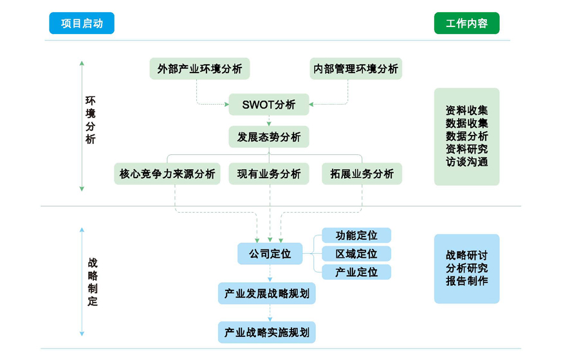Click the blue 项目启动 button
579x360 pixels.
(x=82, y=24)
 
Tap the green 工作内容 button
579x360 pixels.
(x=466, y=24)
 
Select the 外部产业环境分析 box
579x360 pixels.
(x=199, y=69)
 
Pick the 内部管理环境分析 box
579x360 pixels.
(x=356, y=69)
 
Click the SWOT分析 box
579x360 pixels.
(x=269, y=104)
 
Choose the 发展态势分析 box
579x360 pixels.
(x=269, y=137)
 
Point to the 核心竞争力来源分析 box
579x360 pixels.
(x=167, y=174)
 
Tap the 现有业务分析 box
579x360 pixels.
(x=269, y=174)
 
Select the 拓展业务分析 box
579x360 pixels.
(x=362, y=174)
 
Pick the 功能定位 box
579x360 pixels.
(x=356, y=235)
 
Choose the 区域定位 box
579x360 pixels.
(x=356, y=254)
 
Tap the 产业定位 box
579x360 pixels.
(x=356, y=273)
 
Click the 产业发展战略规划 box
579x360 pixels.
(x=267, y=294)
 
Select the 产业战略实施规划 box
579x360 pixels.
(x=267, y=332)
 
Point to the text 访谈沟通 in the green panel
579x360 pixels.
(x=466, y=161)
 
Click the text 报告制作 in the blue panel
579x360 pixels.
(x=466, y=281)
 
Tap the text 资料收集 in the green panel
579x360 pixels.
(x=466, y=110)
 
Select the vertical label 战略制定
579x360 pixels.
(x=93, y=282)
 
